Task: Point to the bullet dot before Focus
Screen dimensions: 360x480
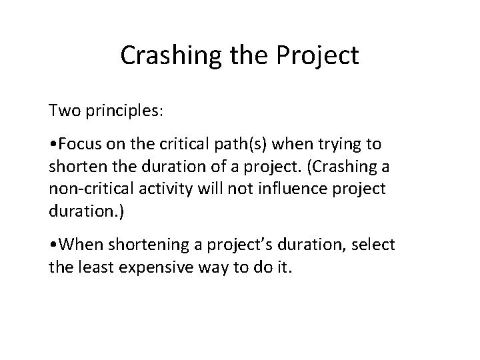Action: point(52,144)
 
